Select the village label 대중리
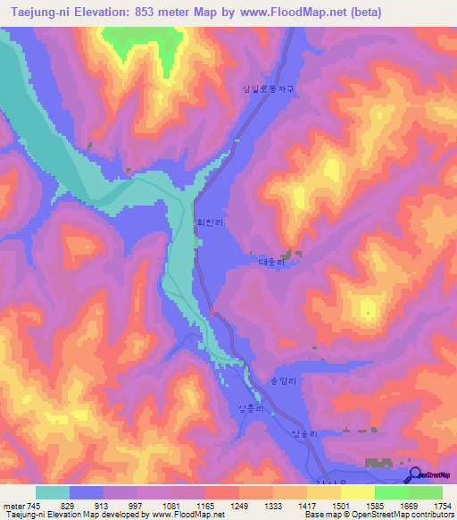270,263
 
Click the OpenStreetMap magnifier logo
415,475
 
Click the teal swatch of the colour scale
53,492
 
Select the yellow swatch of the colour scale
358,492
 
